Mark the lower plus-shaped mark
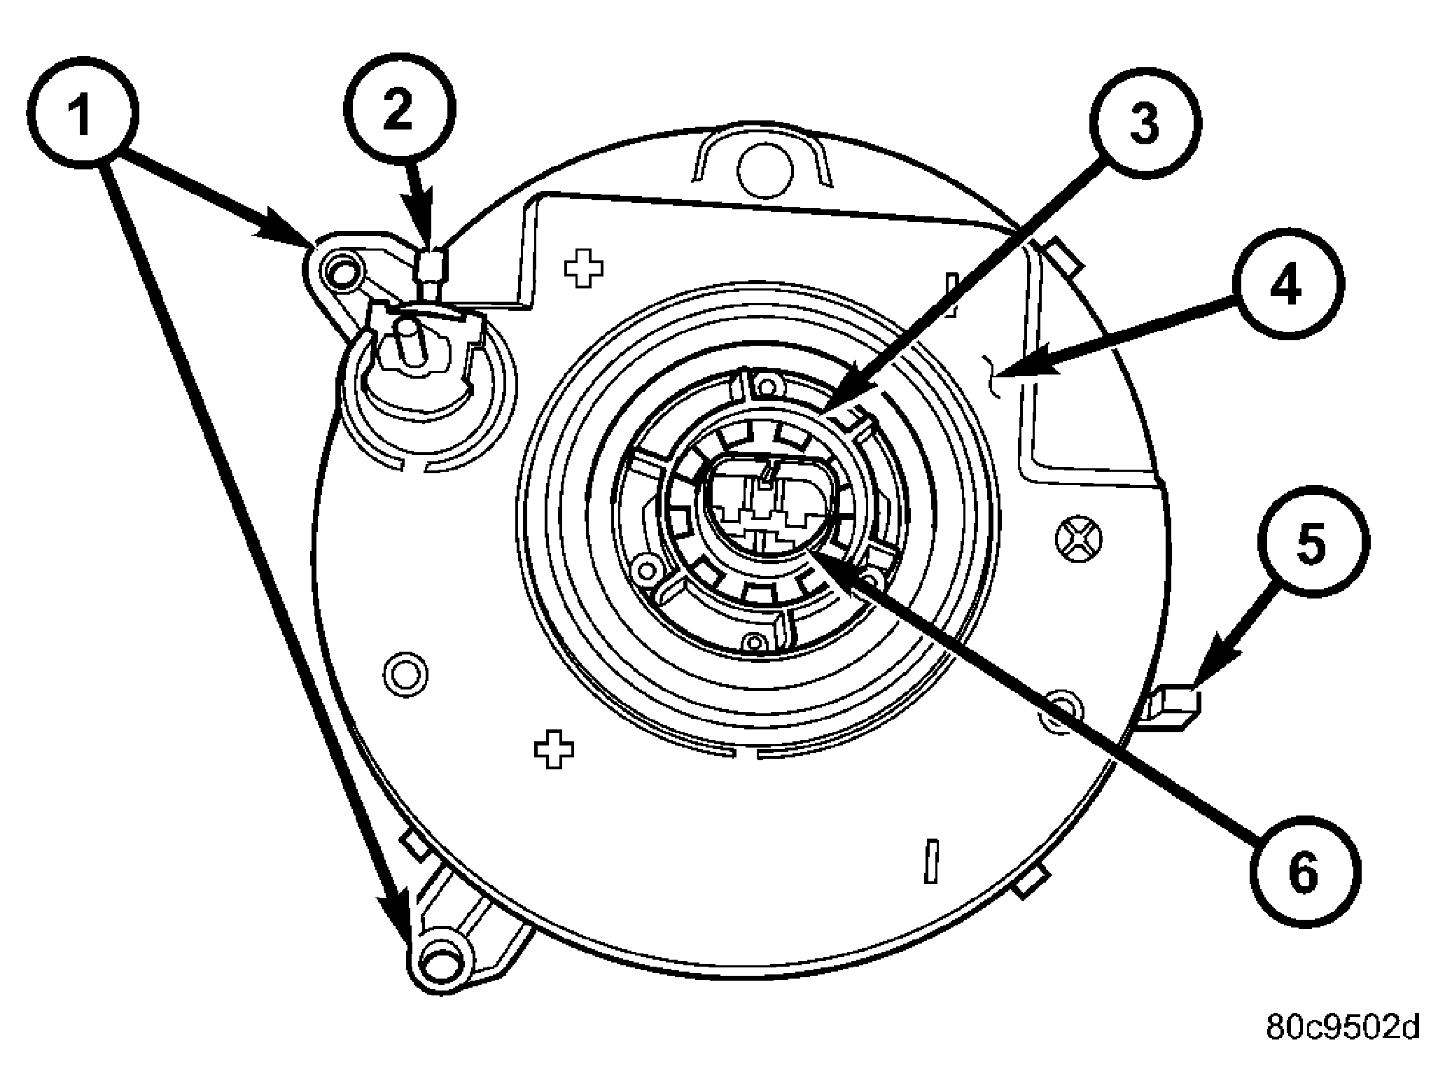pyautogui.click(x=554, y=748)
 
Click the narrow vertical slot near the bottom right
pyautogui.click(x=930, y=860)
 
